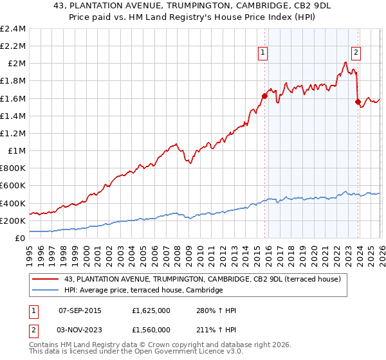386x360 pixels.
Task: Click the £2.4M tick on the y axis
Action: (13, 29)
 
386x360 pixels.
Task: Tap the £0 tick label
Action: (20, 238)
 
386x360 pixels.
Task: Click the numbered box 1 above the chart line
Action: (264, 53)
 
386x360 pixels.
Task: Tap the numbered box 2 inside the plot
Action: (356, 53)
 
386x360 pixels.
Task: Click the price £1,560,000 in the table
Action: (150, 330)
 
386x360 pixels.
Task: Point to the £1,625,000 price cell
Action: (150, 310)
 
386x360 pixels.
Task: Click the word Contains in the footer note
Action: (44, 345)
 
